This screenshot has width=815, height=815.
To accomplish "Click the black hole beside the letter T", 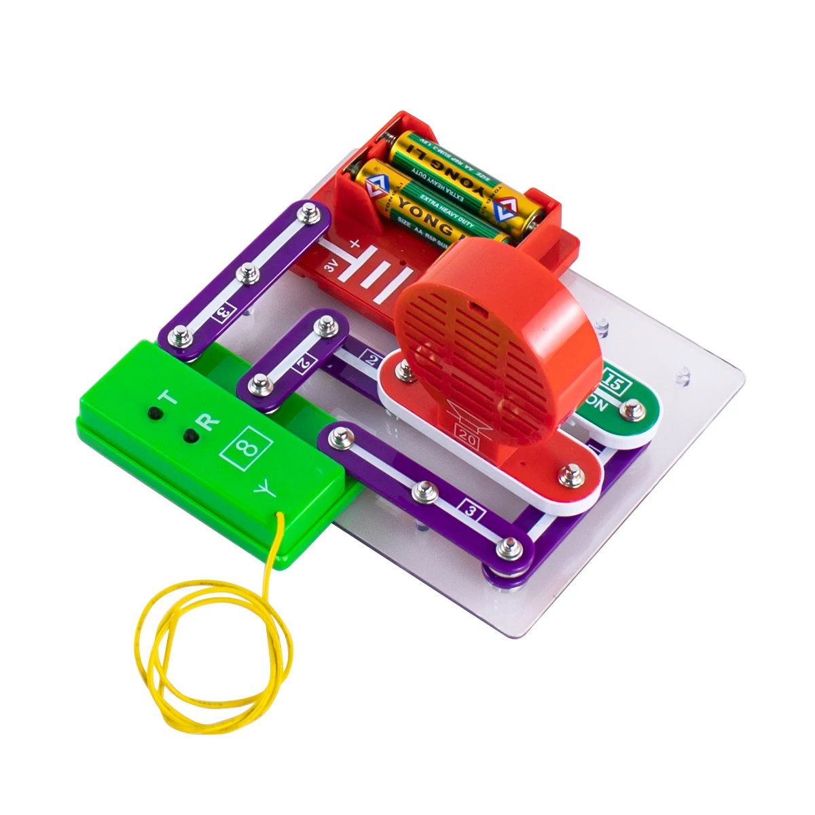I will (155, 412).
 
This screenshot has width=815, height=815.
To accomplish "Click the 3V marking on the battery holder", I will (331, 267).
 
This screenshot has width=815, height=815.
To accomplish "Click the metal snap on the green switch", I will (633, 409).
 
